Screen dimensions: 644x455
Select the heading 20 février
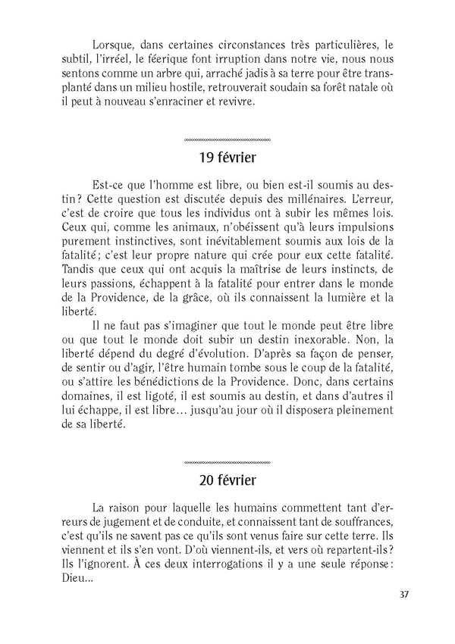point(227,480)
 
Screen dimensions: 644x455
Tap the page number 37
point(404,593)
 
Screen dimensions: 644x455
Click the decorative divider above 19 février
point(227,141)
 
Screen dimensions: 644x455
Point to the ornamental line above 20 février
point(227,461)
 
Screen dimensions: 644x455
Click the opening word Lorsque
point(113,42)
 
